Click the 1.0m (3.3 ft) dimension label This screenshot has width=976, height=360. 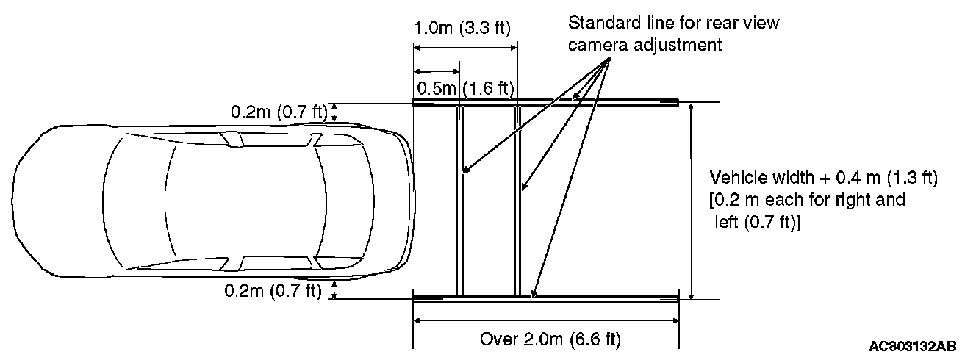click(x=462, y=28)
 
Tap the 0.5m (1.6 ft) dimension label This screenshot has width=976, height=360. click(x=465, y=88)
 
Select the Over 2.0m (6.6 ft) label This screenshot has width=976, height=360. click(x=550, y=339)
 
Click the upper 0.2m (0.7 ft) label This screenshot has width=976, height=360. click(x=279, y=112)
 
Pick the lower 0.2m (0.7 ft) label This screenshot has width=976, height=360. click(x=273, y=290)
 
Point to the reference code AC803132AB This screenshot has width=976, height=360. click(x=913, y=347)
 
